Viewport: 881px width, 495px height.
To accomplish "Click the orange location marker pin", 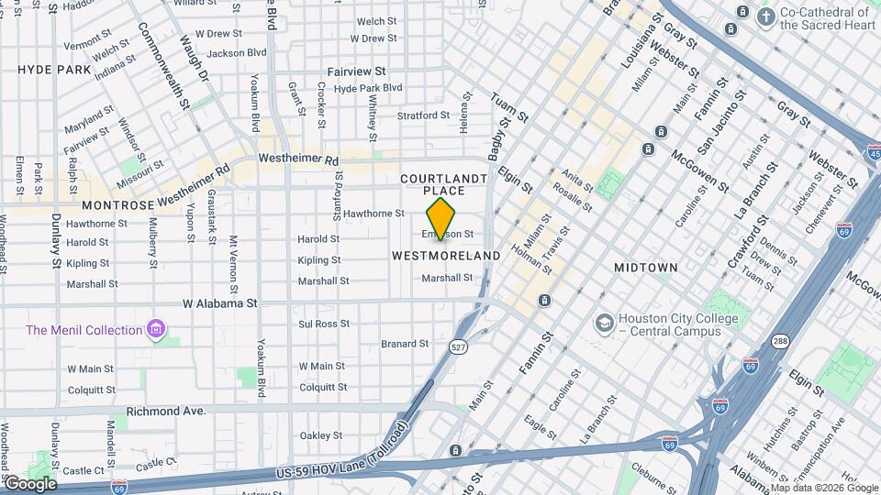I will (x=441, y=220).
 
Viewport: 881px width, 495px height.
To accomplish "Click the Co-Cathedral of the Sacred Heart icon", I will (x=765, y=16).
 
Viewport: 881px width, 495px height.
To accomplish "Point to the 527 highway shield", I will (x=458, y=346).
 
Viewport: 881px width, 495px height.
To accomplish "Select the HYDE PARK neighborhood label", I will (x=54, y=70).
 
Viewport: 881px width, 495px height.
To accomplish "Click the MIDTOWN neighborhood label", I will (x=646, y=268).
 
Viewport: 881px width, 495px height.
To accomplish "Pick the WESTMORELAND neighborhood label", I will (x=447, y=256).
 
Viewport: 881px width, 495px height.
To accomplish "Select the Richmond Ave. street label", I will (x=166, y=412).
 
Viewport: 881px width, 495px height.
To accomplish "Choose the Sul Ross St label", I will (x=324, y=324).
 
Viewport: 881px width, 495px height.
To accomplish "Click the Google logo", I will (x=30, y=484).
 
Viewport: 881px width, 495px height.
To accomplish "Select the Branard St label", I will (x=405, y=345).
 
